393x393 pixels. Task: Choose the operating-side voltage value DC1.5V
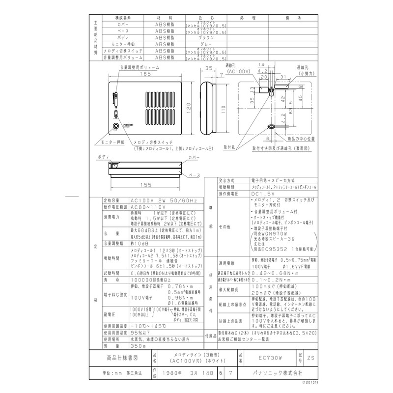pos(263,194)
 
